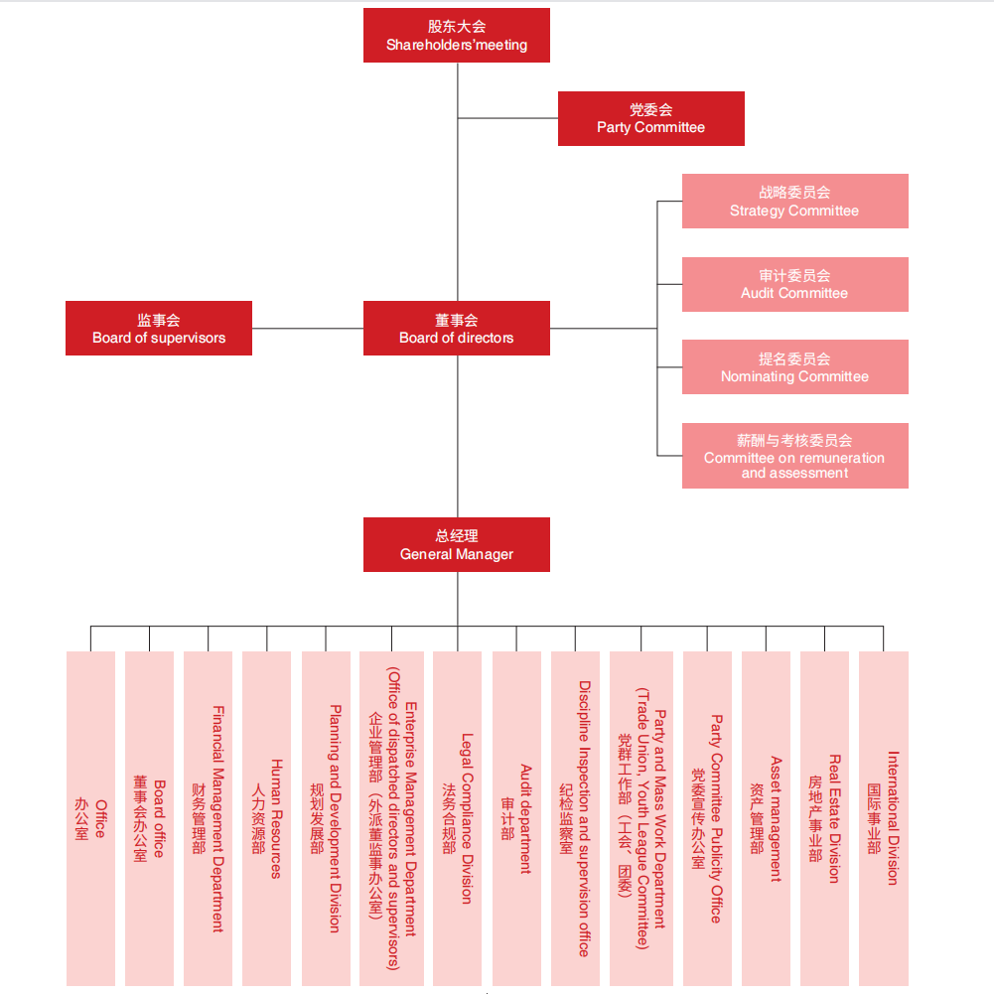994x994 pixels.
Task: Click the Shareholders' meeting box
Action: pos(456,36)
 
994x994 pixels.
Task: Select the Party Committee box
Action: pos(650,118)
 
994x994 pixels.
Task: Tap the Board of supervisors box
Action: pos(159,328)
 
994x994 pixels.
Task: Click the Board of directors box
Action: pos(456,328)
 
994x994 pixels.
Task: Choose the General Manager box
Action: pos(456,544)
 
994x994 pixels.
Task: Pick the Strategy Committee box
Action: pos(794,201)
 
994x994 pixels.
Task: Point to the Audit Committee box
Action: pos(794,284)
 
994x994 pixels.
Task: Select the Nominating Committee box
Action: pos(794,366)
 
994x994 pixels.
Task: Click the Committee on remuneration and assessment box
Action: pos(794,456)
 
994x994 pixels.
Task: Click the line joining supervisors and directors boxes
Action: pos(308,328)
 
